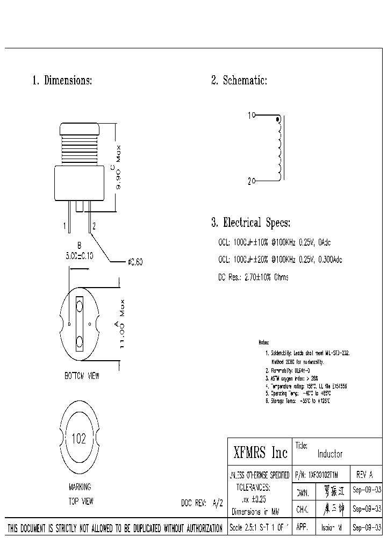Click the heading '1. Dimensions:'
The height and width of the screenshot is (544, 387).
62,81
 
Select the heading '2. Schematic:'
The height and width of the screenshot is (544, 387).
239,81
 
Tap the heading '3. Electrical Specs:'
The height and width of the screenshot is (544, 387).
251,223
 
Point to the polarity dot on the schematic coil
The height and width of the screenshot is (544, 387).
277,119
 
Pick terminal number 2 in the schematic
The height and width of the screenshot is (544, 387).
249,182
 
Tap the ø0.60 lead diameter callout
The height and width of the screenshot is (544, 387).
135,262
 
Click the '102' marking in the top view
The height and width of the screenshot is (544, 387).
78,439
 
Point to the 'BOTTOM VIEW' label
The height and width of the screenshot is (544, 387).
82,376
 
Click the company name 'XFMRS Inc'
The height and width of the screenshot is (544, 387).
261,453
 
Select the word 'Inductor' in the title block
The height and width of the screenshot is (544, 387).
329,454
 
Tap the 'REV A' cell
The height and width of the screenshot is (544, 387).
364,475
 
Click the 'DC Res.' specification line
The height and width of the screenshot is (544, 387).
253,277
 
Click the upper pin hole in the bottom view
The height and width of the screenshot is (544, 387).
80,306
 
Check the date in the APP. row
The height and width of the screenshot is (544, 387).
367,527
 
